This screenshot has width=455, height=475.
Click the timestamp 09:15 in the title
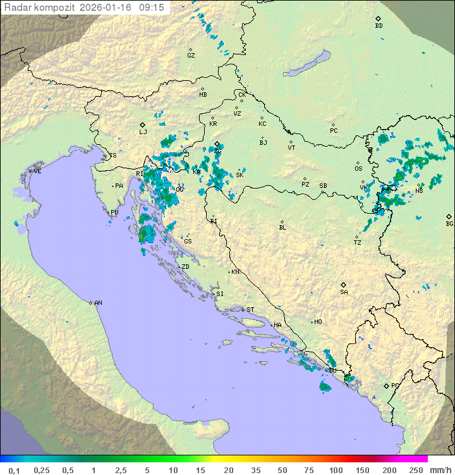click(x=151, y=7)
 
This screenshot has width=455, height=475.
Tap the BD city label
click(x=379, y=26)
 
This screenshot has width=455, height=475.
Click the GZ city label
click(x=191, y=56)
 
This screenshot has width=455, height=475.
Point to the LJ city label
click(x=143, y=132)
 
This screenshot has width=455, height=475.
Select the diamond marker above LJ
click(x=143, y=125)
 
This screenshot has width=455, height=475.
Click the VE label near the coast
click(x=37, y=171)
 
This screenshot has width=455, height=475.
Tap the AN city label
click(x=98, y=303)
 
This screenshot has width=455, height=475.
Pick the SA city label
click(x=344, y=292)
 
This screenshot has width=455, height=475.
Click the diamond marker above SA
click(x=344, y=285)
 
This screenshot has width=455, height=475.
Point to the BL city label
click(x=282, y=228)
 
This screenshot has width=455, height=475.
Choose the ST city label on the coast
click(x=250, y=310)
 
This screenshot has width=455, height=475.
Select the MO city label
click(x=318, y=322)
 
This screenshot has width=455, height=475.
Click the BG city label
click(x=449, y=224)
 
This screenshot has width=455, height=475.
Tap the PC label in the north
click(x=334, y=131)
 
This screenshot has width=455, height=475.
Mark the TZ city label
click(x=358, y=243)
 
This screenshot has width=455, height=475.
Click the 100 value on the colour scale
click(x=336, y=470)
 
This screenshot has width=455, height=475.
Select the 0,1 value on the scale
click(x=14, y=470)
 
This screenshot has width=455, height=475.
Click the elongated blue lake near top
click(x=306, y=63)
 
